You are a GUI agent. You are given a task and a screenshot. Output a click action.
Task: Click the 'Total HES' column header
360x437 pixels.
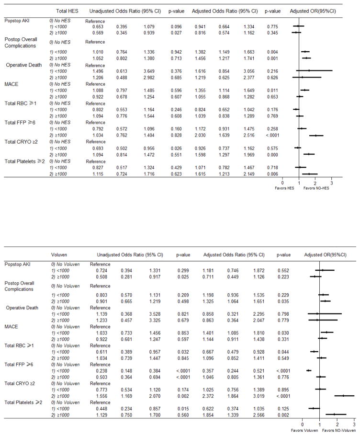[66, 10]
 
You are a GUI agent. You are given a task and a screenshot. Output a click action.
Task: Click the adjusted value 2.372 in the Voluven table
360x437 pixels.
[214, 395]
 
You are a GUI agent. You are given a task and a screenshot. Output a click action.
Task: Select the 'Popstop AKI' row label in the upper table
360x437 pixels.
[18, 22]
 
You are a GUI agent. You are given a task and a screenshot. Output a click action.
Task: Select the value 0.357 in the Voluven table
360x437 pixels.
[214, 370]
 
